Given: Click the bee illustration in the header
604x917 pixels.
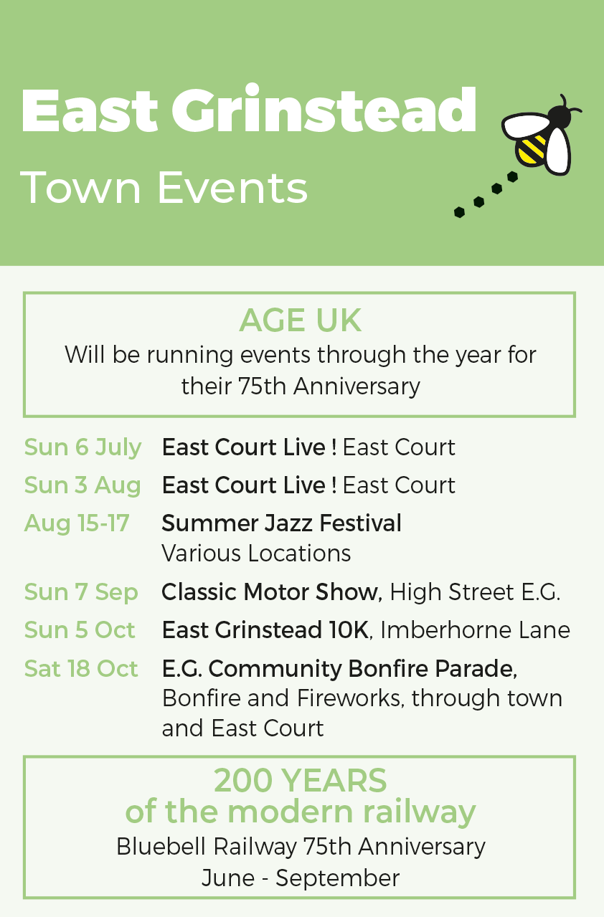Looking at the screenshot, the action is pyautogui.click(x=541, y=135).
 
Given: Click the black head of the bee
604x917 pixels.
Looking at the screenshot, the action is pyautogui.click(x=559, y=117).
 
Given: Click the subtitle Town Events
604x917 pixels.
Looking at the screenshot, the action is pyautogui.click(x=164, y=188).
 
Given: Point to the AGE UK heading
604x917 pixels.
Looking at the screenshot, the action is pyautogui.click(x=300, y=320).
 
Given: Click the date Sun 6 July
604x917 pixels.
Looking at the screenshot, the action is pyautogui.click(x=82, y=447).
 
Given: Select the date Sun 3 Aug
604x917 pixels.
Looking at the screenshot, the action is pyautogui.click(x=82, y=485).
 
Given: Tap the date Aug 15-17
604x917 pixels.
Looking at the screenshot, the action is pyautogui.click(x=77, y=523).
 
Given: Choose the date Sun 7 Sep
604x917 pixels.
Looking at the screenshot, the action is pyautogui.click(x=81, y=592).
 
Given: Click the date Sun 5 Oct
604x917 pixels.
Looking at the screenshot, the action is pyautogui.click(x=80, y=629).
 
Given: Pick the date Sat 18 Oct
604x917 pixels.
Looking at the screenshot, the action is pyautogui.click(x=81, y=668).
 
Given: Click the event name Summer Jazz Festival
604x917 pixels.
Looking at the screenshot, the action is pyautogui.click(x=281, y=523).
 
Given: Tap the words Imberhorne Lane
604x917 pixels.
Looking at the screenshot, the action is pyautogui.click(x=475, y=629).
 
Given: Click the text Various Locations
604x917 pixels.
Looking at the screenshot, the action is pyautogui.click(x=256, y=553).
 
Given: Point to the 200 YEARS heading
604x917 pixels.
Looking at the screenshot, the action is pyautogui.click(x=300, y=780).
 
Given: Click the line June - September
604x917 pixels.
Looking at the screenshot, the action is pyautogui.click(x=300, y=878).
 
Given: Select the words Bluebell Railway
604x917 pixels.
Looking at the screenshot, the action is pyautogui.click(x=207, y=847).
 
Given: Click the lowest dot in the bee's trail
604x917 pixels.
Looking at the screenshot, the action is pyautogui.click(x=459, y=212).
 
